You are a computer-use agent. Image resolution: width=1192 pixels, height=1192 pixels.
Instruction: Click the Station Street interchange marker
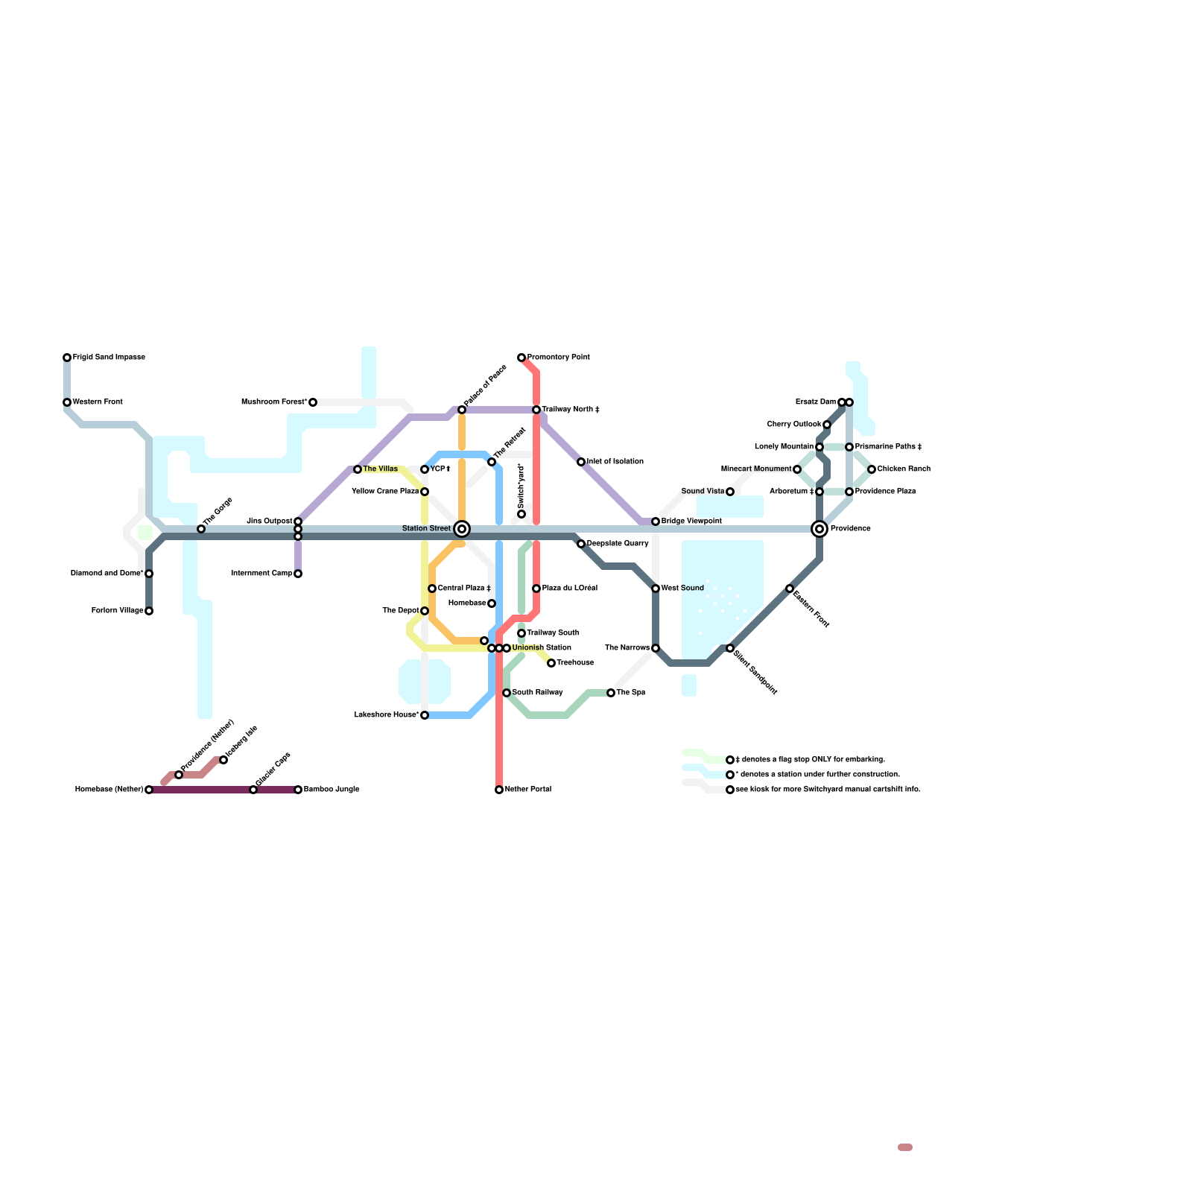coord(462,529)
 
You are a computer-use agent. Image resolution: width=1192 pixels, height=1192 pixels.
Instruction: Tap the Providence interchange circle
coord(819,529)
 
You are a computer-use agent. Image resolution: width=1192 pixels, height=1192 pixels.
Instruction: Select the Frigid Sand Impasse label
coord(109,358)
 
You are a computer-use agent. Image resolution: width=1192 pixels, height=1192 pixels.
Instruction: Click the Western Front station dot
coord(67,402)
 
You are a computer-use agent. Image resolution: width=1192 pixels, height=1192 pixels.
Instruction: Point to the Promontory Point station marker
coord(521,358)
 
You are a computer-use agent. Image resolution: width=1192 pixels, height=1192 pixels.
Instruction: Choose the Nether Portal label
coord(527,790)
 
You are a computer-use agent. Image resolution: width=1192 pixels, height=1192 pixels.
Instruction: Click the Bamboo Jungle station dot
coord(298,790)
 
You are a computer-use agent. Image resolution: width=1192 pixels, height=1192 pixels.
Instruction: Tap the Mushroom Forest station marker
coord(313,402)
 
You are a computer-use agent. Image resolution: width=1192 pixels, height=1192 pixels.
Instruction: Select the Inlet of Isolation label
coord(615,462)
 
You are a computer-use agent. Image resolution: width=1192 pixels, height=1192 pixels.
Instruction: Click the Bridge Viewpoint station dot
coord(656,521)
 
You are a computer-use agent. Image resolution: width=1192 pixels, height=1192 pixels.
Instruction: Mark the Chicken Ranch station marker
coord(872,469)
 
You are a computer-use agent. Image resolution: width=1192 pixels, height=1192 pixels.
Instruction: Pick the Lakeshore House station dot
coord(425,715)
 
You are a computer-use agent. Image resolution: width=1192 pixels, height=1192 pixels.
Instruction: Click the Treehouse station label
coord(575,663)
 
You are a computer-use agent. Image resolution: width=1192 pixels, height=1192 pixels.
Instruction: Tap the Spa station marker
coord(611,693)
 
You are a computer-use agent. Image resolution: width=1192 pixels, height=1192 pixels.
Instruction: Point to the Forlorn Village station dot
coord(149,611)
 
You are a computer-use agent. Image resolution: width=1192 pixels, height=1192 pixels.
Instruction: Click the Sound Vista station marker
coord(730,492)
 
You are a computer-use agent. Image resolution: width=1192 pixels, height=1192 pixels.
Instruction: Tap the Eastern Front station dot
coord(790,589)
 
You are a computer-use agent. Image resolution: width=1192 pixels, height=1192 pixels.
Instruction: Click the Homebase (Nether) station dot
coord(149,790)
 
